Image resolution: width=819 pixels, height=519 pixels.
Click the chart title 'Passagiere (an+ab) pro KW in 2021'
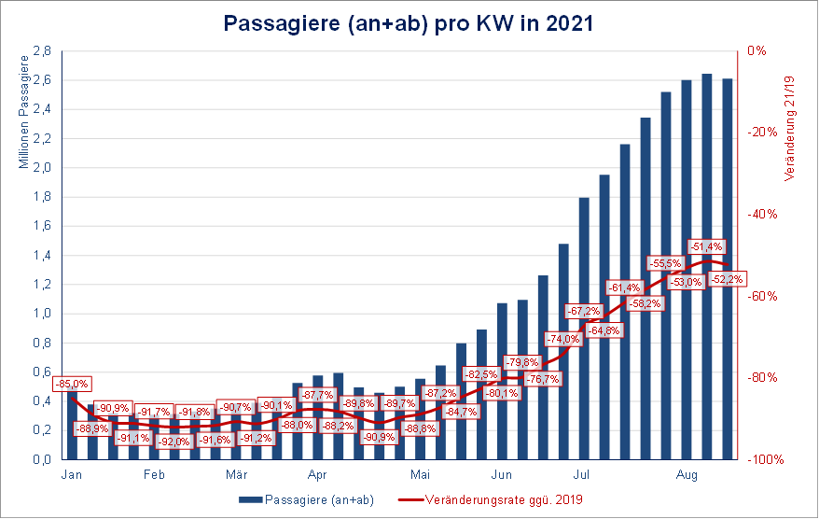point(409,23)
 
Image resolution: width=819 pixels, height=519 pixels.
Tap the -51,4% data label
point(705,246)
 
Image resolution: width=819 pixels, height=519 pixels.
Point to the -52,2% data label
point(727,278)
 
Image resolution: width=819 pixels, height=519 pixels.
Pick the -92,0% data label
point(174,442)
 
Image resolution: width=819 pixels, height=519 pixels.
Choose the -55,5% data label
point(665,264)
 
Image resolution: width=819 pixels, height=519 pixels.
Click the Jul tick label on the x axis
point(581,473)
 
